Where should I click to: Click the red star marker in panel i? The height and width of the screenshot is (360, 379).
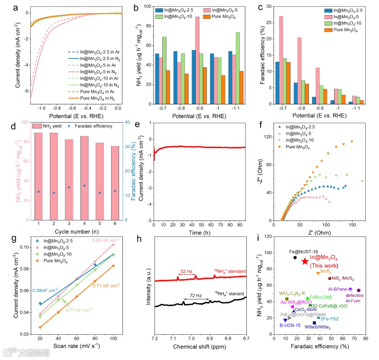pos(305,261)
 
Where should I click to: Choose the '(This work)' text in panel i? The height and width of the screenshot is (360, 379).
pos(327,265)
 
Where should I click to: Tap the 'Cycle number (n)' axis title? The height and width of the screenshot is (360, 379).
pos(76,232)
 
